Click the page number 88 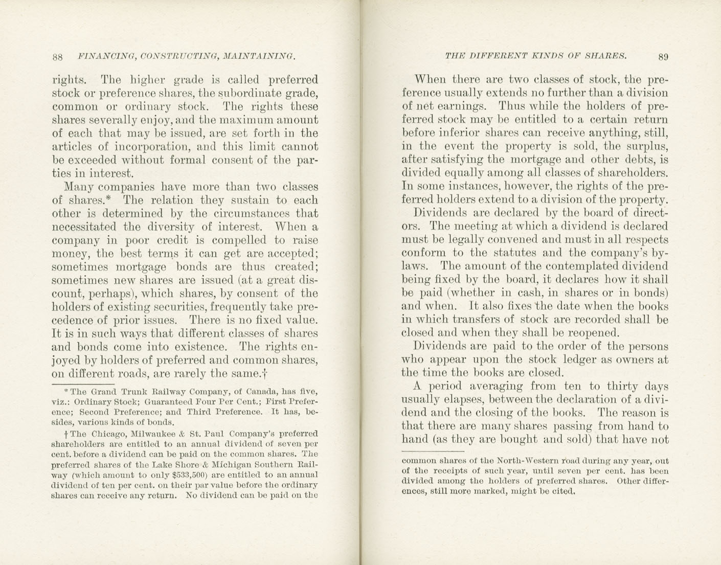click(57, 57)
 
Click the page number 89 click(663, 57)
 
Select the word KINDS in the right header click(539, 56)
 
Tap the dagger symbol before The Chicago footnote click(60, 434)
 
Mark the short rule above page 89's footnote click(433, 451)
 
